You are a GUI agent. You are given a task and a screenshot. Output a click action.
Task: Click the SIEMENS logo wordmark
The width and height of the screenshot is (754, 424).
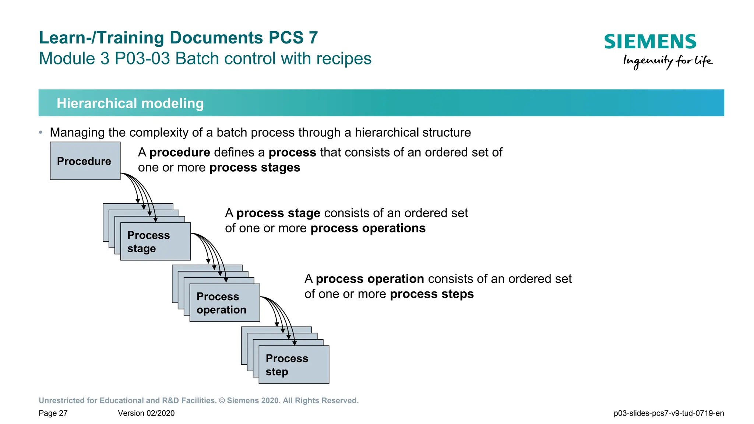click(650, 42)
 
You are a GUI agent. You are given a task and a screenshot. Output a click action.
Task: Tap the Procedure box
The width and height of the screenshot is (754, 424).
click(85, 161)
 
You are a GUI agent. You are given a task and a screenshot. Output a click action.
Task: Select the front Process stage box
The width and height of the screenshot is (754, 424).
click(155, 242)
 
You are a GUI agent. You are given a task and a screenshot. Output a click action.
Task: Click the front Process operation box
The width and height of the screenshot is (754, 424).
click(225, 303)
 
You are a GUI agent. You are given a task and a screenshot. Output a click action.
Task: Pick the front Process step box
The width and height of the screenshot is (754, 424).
click(294, 365)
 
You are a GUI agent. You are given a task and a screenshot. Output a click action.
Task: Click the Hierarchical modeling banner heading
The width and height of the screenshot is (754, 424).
click(130, 103)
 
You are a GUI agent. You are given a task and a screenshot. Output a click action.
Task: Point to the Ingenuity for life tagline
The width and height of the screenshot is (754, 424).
click(667, 61)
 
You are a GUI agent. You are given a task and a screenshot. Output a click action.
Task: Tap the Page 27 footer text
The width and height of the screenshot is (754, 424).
click(53, 413)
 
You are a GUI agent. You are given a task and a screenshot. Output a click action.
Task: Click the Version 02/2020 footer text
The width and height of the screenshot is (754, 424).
click(146, 413)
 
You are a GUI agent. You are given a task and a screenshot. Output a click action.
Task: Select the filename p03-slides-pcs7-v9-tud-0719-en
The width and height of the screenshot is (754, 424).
click(669, 413)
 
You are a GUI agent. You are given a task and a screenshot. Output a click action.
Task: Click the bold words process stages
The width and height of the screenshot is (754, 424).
click(255, 168)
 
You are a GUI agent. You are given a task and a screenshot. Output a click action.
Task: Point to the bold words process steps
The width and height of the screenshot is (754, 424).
click(431, 294)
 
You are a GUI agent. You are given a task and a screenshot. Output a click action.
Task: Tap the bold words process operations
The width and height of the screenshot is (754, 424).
click(368, 228)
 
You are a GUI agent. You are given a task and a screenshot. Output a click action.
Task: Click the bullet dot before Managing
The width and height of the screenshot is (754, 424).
click(41, 132)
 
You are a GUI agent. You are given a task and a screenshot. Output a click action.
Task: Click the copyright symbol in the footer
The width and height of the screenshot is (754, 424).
click(222, 400)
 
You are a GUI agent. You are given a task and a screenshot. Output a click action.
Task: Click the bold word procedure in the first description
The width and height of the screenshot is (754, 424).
click(180, 153)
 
